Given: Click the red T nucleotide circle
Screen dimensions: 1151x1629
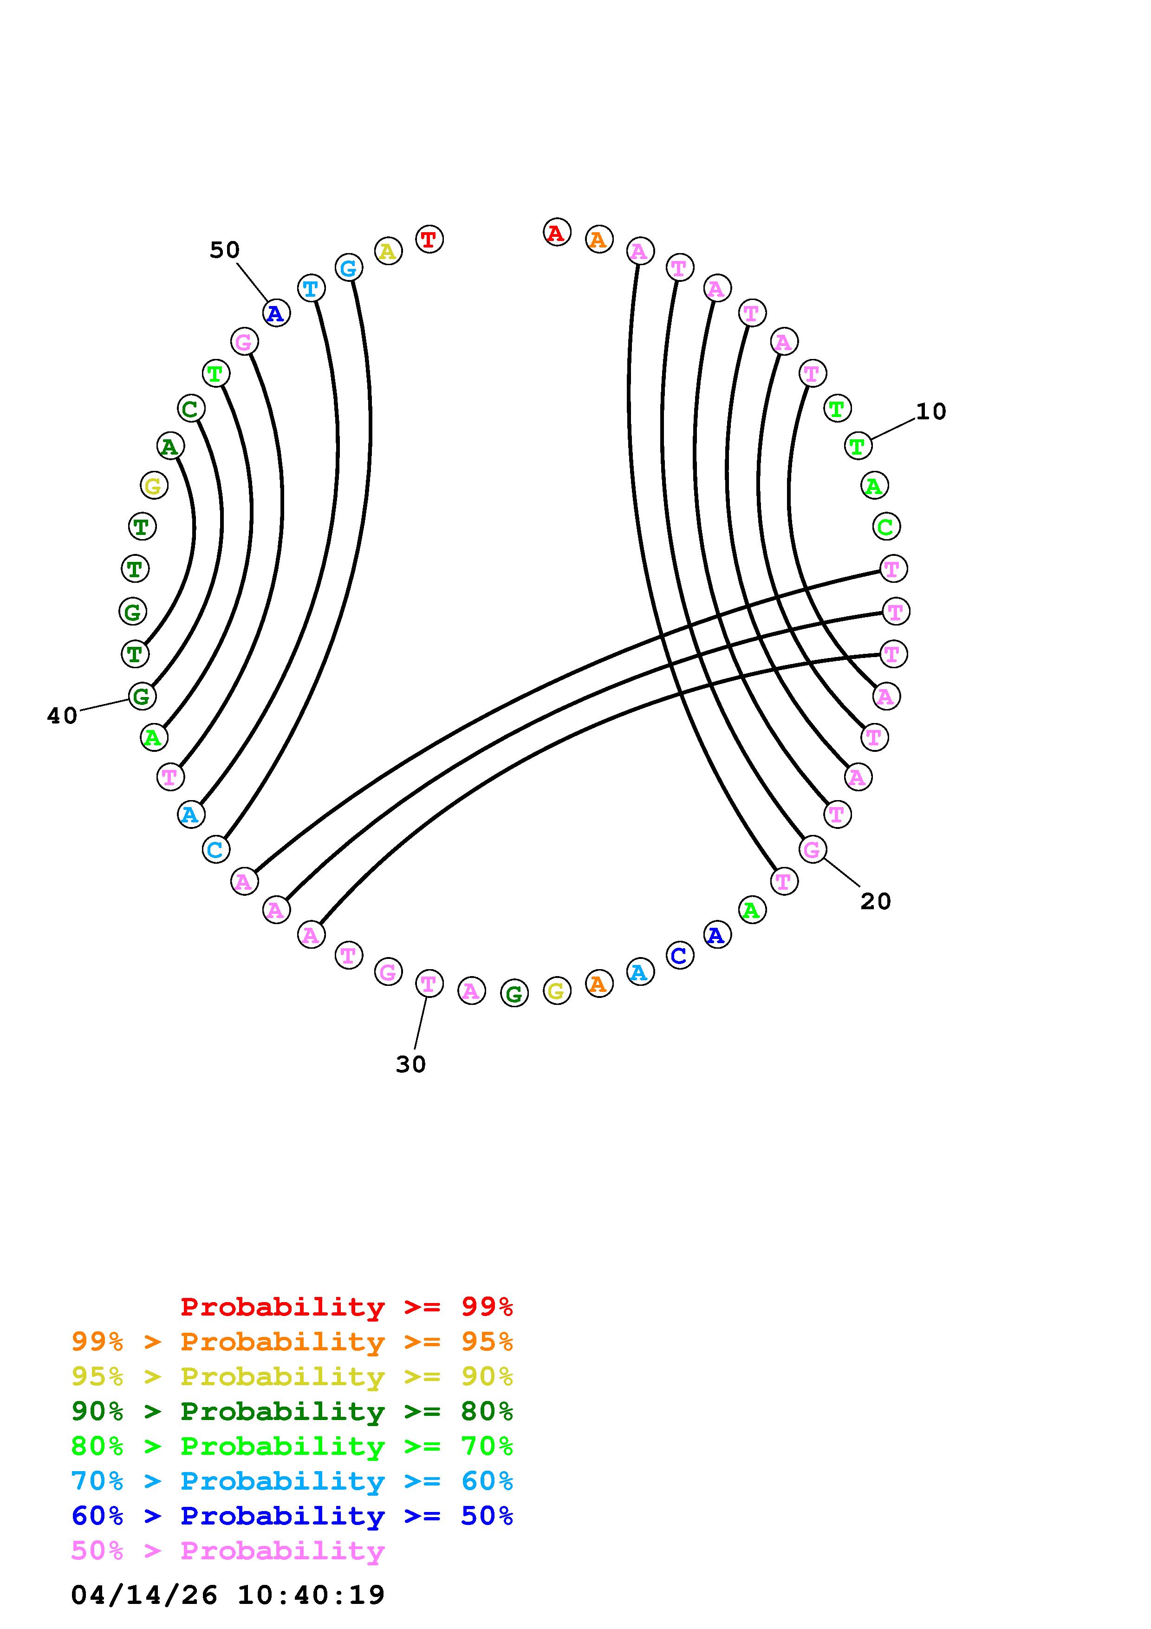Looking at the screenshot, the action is pyautogui.click(x=429, y=239).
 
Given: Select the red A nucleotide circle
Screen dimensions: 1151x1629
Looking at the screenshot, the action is pyautogui.click(x=557, y=232).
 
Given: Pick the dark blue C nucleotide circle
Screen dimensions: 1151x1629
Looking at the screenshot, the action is pyautogui.click(x=679, y=956).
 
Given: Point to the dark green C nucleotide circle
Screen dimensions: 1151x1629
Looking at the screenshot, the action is pyautogui.click(x=190, y=409).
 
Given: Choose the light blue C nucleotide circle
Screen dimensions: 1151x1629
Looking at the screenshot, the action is pyautogui.click(x=215, y=849).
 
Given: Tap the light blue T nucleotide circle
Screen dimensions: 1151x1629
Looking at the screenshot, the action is pyautogui.click(x=311, y=288).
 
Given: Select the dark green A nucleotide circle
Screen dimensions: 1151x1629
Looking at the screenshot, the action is pyautogui.click(x=169, y=446).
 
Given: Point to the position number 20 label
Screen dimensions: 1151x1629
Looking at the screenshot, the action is pyautogui.click(x=875, y=901).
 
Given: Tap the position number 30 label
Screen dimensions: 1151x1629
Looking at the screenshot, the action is pyautogui.click(x=410, y=1064).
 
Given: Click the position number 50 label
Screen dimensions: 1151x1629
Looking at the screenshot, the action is pyautogui.click(x=224, y=250).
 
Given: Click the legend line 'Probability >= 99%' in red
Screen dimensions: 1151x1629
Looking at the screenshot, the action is pyautogui.click(x=347, y=1307).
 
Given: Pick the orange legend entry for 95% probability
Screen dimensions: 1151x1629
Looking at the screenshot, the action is pyautogui.click(x=292, y=1342).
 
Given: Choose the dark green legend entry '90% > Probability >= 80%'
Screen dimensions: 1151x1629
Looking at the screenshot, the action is pyautogui.click(x=292, y=1411).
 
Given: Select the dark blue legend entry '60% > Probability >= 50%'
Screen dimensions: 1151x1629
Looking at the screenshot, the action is pyautogui.click(x=292, y=1516).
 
